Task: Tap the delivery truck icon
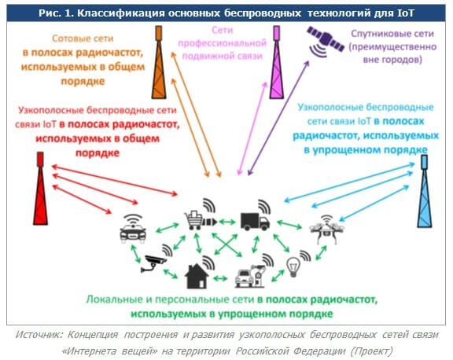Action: click(x=255, y=222)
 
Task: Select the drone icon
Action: click(x=327, y=230)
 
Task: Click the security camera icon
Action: click(x=153, y=263)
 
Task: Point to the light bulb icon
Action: click(x=293, y=266)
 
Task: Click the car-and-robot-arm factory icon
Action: click(x=250, y=276)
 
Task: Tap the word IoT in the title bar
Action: click(x=406, y=13)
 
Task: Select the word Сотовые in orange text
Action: click(x=66, y=39)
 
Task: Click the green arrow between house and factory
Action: click(x=220, y=278)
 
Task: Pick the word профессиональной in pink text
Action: click(x=222, y=43)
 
